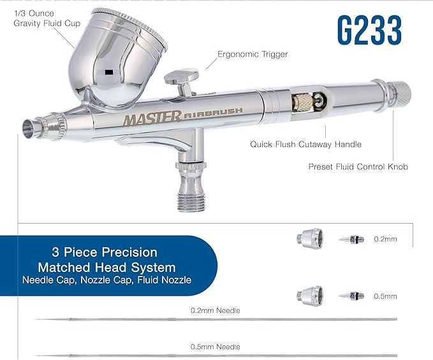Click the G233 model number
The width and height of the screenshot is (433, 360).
tap(369, 30)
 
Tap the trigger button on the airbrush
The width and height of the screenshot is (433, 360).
tap(182, 77)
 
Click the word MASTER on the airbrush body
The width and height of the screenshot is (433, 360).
tap(152, 118)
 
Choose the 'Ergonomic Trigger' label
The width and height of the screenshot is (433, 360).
tap(253, 54)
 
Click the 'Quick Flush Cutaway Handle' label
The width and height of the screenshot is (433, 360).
tap(305, 144)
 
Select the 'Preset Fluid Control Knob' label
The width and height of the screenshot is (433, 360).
tap(358, 167)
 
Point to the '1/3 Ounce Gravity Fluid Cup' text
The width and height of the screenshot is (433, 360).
tap(47, 18)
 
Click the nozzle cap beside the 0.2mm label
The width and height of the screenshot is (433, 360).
tap(310, 238)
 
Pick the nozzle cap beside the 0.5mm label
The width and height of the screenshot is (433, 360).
tap(310, 296)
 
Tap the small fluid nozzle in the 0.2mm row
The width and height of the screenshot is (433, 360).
tap(351, 239)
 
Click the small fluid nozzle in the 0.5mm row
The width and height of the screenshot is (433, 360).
tap(351, 296)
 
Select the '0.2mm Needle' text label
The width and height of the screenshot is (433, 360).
tap(216, 311)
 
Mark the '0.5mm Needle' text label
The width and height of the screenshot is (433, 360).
tap(216, 347)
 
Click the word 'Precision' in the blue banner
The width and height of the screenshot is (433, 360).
tap(129, 252)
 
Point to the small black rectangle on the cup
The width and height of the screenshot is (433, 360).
tap(109, 72)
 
